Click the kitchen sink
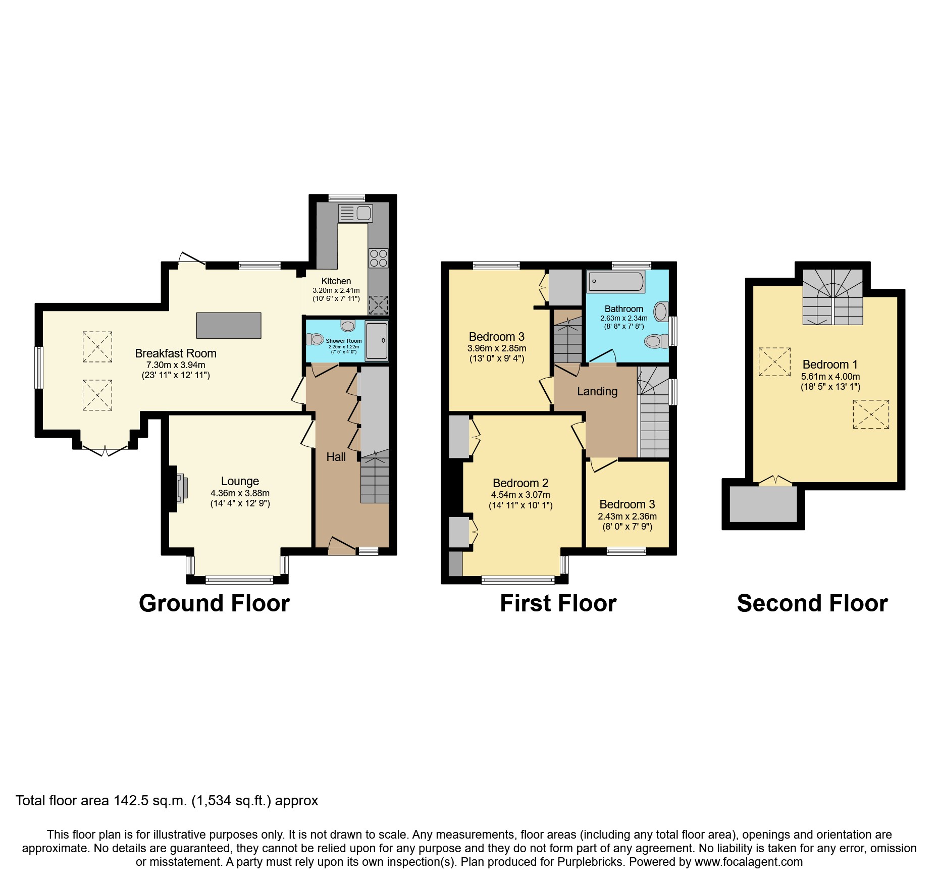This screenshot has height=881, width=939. click(356, 213)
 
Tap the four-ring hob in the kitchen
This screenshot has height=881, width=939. click(379, 258)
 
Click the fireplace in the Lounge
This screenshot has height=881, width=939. click(182, 488)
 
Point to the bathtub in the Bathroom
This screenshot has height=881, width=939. click(616, 281)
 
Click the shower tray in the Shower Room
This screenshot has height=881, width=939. click(377, 341)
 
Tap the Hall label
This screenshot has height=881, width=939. click(336, 457)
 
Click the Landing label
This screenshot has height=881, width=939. click(597, 391)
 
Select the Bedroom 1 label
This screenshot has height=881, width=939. click(829, 365)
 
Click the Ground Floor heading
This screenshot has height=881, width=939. click(214, 603)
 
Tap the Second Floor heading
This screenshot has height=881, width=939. click(812, 603)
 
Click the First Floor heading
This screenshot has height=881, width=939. click(558, 603)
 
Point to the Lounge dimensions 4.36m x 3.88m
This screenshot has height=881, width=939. click(240, 493)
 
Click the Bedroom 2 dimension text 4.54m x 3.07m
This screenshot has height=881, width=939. click(520, 495)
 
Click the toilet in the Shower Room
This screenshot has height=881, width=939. click(315, 339)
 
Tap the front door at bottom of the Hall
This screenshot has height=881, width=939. click(342, 547)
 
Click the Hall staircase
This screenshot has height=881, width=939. click(375, 480)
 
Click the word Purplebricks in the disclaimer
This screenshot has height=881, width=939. click(590, 862)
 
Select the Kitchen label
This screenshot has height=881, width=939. click(336, 281)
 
